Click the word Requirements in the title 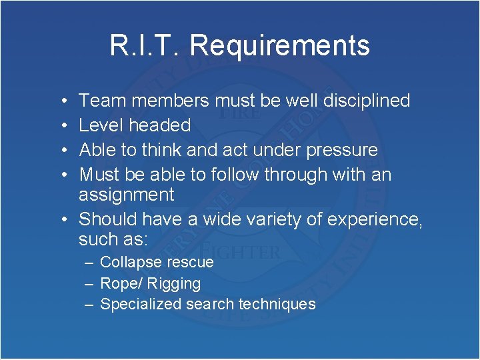(x=279, y=46)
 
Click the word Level (x=101, y=125)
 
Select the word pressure (x=341, y=150)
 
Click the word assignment (x=126, y=195)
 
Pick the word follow (x=235, y=175)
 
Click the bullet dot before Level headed (x=61, y=125)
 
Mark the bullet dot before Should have (x=61, y=219)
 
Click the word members (x=170, y=101)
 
